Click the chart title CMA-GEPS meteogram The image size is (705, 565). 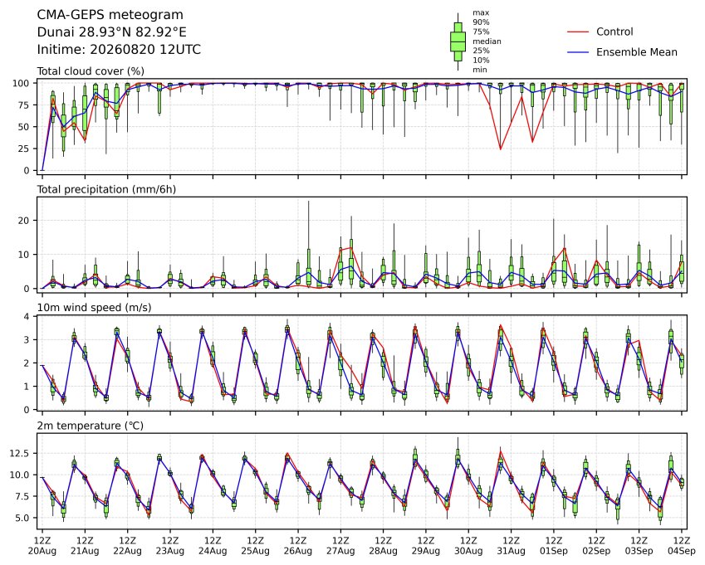110,15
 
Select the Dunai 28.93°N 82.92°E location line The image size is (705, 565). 111,32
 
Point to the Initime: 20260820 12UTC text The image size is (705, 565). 119,50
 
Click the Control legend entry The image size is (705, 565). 614,32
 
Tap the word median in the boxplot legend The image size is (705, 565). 487,41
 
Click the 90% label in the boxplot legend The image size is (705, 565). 481,22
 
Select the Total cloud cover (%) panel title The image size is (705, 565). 91,71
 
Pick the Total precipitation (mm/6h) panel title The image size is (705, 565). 106,189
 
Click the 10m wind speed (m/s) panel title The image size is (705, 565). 94,308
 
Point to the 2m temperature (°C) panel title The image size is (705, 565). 90,426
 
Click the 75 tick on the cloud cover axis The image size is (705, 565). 23,105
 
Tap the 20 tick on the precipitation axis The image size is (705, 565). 24,221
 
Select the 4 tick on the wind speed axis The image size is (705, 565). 27,317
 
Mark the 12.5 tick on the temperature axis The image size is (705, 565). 19,454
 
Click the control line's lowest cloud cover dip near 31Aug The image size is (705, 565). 501,149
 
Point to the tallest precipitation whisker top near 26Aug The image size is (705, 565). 308,202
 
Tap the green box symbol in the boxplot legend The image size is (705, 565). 458,41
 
